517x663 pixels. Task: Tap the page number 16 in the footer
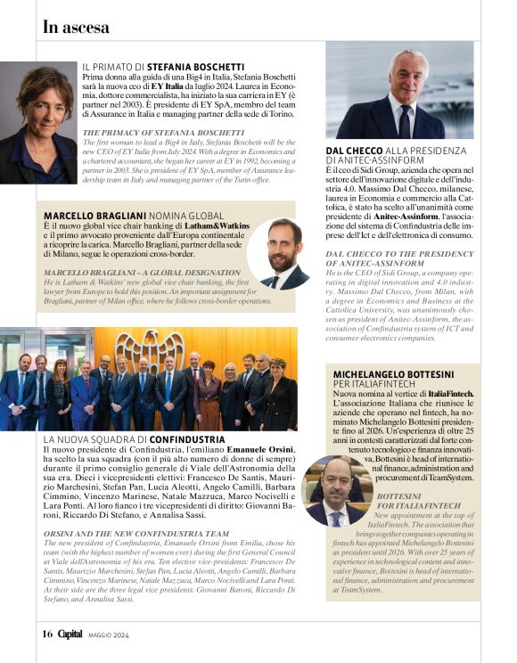[47, 634]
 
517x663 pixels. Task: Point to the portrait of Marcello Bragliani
[284, 253]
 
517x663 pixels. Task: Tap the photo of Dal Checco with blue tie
[399, 93]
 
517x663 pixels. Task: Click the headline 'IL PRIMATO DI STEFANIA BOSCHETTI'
[163, 67]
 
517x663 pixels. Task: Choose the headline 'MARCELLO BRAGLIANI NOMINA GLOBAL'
[134, 216]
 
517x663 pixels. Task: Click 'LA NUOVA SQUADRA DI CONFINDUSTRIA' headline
[134, 439]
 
